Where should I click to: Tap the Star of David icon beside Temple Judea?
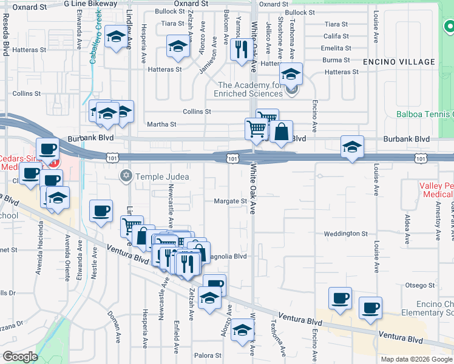coord(126,177)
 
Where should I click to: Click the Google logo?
coord(20,357)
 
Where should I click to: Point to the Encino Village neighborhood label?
coord(399,62)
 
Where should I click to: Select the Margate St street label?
coord(231,201)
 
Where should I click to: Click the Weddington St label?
coord(345,234)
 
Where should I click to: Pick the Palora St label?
coord(209,356)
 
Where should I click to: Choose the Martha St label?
coord(161,124)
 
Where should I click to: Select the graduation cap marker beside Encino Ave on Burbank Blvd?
coord(352,147)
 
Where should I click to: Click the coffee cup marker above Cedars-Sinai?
coord(47,149)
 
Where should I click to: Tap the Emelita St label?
coord(336,48)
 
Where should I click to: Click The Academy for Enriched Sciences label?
coord(250,90)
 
